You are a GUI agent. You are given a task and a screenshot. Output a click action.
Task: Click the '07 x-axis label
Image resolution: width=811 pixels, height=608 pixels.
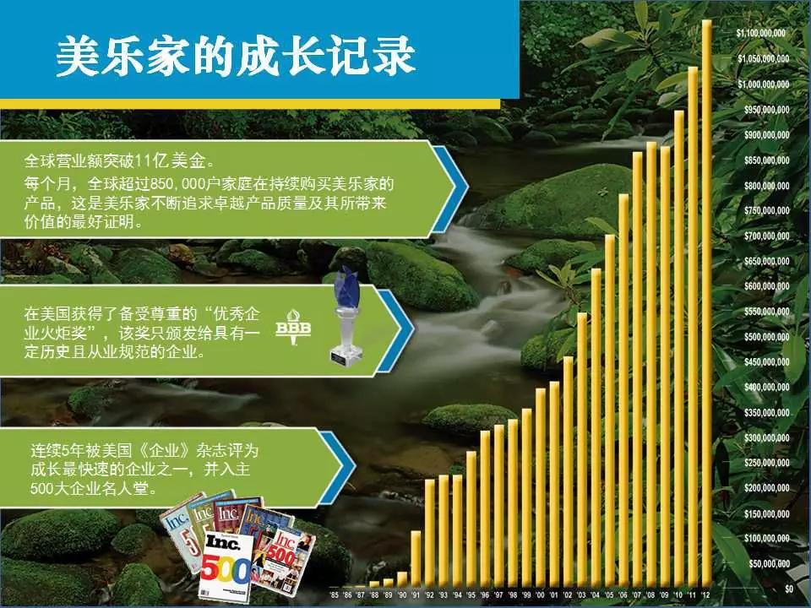coord(637,596)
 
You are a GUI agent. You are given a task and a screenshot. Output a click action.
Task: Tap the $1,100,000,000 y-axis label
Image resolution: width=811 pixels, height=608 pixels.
coord(762,33)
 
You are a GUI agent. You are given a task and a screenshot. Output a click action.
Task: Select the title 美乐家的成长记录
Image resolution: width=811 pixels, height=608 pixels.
coord(236,57)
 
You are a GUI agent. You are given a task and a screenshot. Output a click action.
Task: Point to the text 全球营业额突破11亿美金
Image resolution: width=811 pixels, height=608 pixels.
coord(118,160)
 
